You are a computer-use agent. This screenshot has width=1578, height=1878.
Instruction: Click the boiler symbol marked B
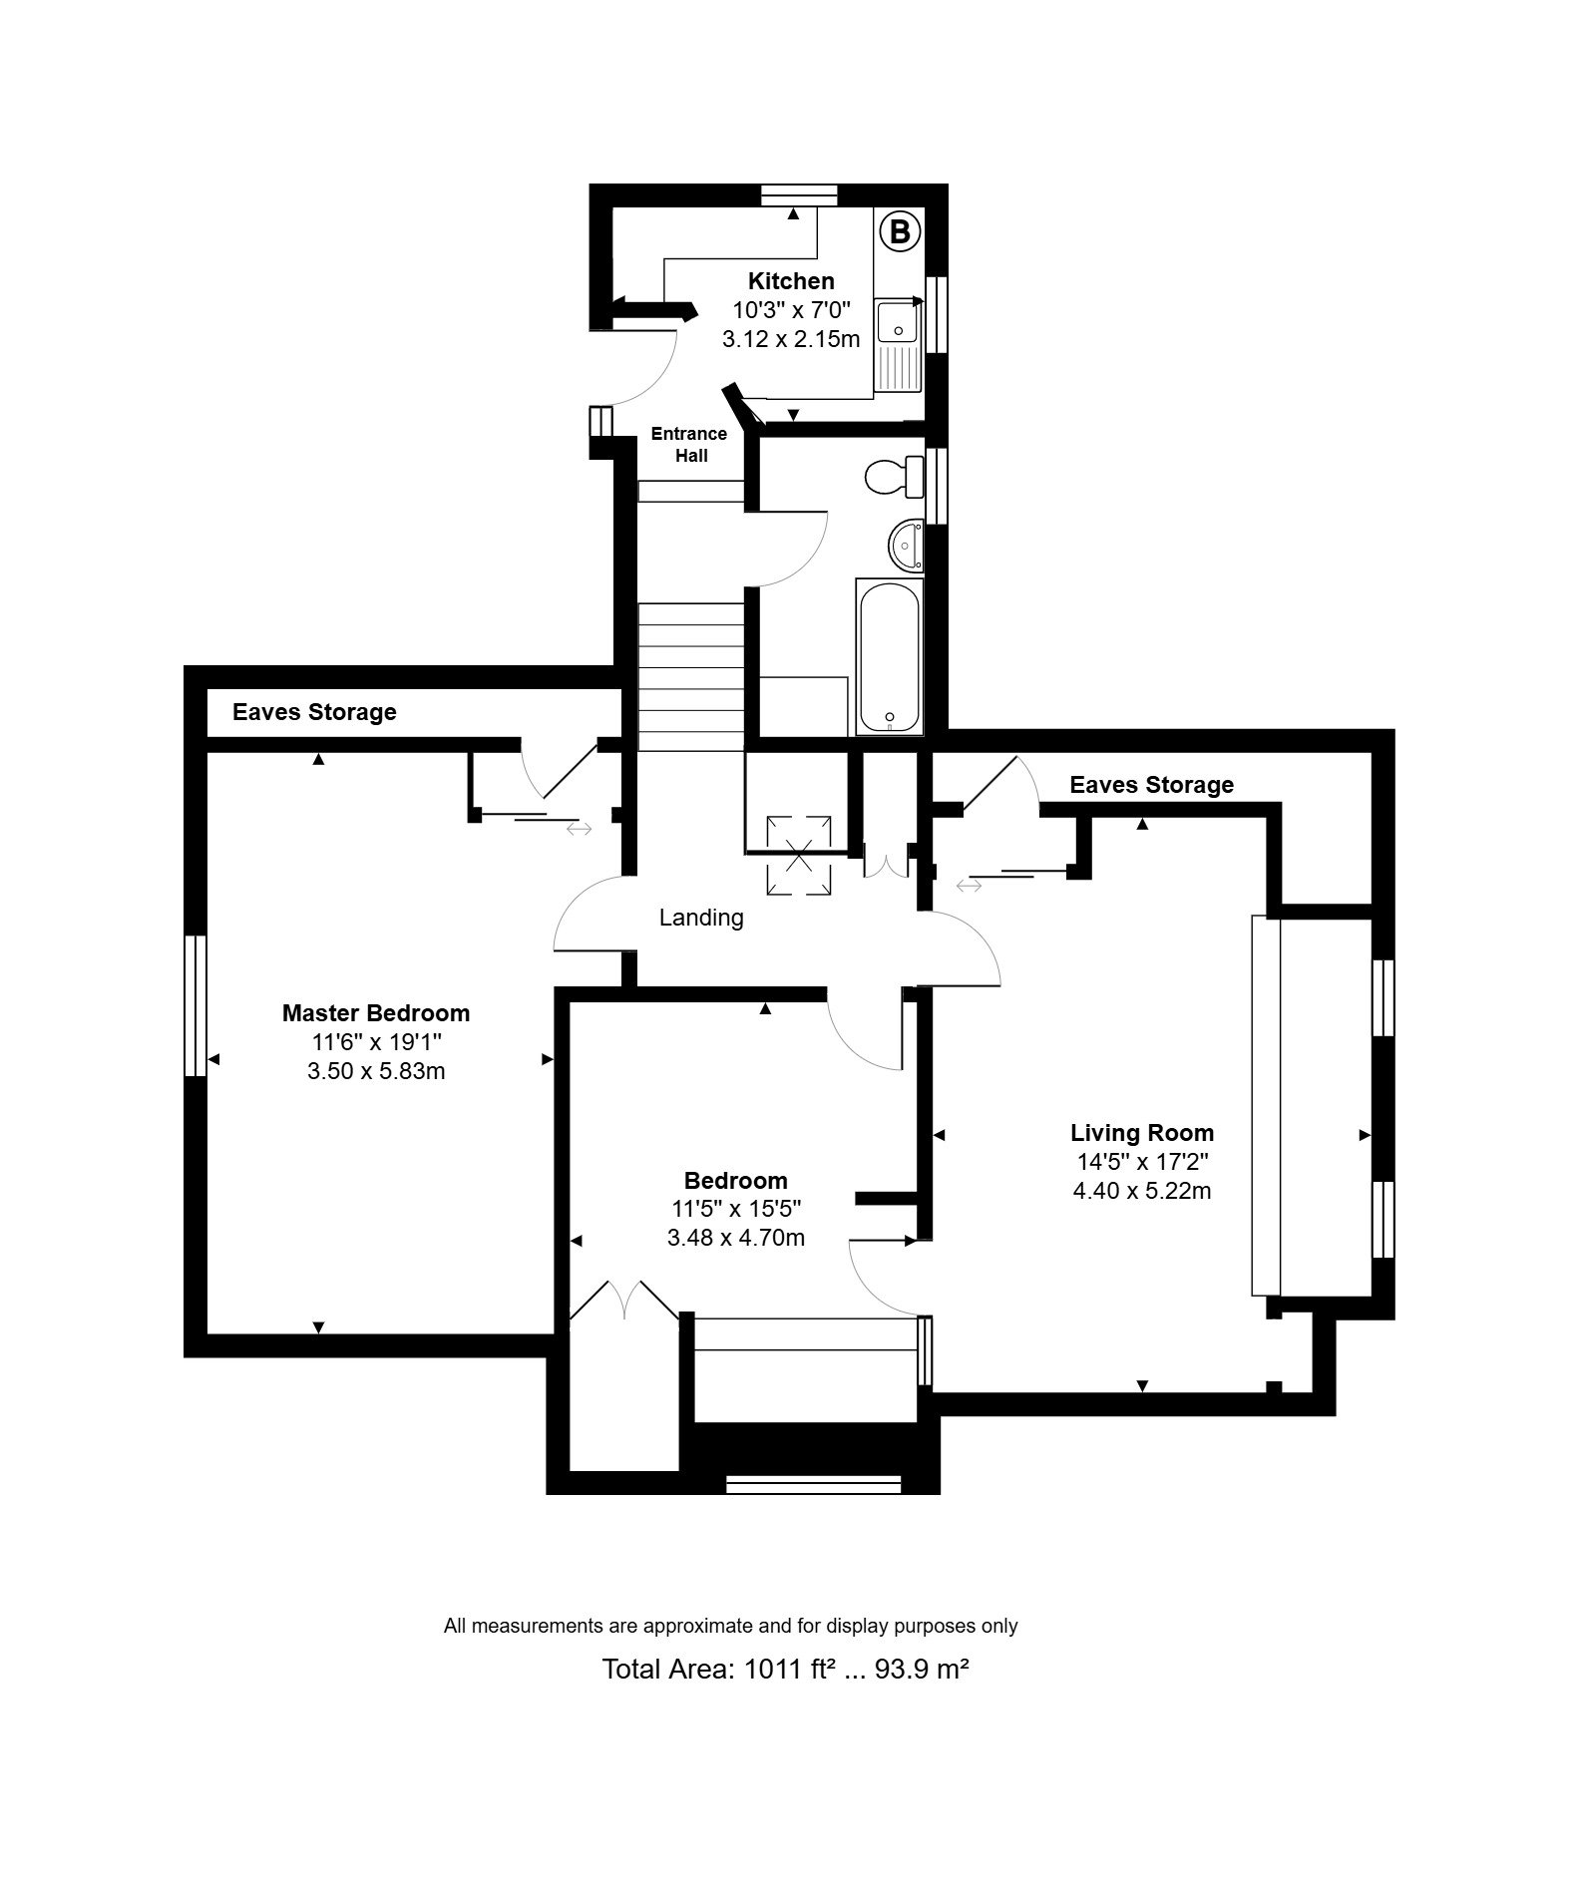(900, 232)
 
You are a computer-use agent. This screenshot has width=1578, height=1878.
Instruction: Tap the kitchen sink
(899, 345)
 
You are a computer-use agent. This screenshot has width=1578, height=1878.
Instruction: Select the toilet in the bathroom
(895, 476)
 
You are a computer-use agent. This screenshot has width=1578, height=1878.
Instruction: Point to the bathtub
(888, 657)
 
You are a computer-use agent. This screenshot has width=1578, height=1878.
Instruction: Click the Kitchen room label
(791, 281)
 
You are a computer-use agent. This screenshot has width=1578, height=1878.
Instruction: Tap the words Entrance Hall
(689, 445)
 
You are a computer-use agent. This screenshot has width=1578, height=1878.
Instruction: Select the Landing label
(701, 918)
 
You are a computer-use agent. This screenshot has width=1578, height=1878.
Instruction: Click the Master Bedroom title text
(376, 1013)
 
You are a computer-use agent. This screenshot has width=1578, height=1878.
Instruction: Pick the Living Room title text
(1142, 1133)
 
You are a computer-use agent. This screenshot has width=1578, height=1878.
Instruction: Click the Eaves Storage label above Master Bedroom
(314, 712)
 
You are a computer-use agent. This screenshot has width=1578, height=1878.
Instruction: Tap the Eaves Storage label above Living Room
(1152, 785)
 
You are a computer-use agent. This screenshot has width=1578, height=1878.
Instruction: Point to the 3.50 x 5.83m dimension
(376, 1071)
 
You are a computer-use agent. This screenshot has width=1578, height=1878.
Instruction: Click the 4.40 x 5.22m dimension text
(1142, 1191)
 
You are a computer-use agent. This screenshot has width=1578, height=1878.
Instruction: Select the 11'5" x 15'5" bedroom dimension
(736, 1210)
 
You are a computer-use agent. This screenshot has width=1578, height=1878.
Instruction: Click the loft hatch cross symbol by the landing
(798, 855)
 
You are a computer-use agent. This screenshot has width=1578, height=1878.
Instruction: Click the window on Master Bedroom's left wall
(196, 1005)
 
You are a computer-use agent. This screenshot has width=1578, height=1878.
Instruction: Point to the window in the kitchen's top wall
(798, 195)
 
